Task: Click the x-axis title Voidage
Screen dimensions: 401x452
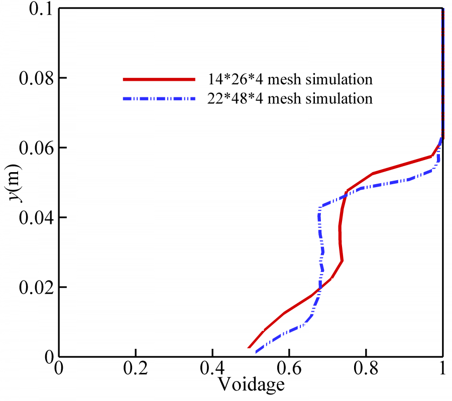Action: [251, 384]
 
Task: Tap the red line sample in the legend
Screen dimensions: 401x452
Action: [158, 79]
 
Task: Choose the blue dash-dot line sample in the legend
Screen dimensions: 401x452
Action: [158, 99]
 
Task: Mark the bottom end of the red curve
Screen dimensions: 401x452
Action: [249, 347]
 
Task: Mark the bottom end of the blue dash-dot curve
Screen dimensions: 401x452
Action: [257, 352]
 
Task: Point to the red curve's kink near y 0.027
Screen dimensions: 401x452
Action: [342, 260]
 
